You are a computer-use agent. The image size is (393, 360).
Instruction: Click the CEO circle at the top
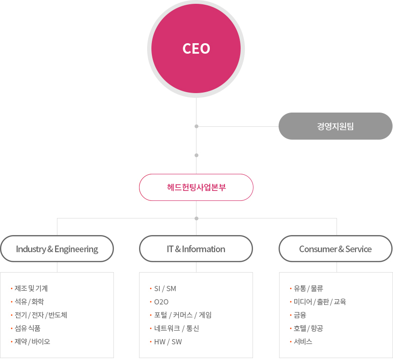(x=196, y=49)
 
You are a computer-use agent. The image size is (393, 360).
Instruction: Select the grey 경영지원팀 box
(x=335, y=126)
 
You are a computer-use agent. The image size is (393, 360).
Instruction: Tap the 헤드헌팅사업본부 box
(x=196, y=187)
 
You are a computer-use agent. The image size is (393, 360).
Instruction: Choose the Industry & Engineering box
(x=57, y=249)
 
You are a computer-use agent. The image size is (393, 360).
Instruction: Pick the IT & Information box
(x=196, y=249)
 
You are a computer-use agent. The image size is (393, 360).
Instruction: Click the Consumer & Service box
(x=335, y=249)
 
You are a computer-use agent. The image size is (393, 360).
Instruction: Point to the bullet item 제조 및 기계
(x=31, y=288)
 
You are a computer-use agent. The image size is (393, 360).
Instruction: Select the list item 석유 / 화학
(x=29, y=302)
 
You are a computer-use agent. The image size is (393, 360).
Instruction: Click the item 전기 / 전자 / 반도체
(x=41, y=315)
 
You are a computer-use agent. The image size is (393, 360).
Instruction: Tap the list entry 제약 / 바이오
(x=32, y=341)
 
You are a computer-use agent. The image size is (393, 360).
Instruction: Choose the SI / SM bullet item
(x=165, y=289)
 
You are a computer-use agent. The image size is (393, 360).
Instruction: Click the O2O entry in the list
(x=161, y=302)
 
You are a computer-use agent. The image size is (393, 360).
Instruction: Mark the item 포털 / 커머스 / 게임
(x=183, y=315)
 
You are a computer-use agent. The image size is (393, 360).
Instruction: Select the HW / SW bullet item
(x=168, y=342)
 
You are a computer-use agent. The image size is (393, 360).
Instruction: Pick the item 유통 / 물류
(x=309, y=288)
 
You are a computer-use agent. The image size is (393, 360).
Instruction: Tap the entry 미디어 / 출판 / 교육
(x=320, y=302)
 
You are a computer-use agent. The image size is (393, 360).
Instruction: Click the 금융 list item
(x=300, y=315)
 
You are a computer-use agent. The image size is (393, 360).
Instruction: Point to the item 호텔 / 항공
(x=309, y=328)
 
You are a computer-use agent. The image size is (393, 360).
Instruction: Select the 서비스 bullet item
(x=303, y=341)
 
